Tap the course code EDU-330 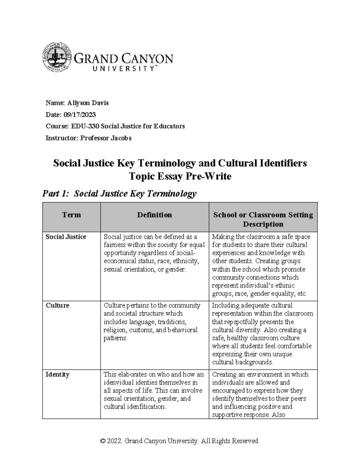coord(85,126)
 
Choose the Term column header coord(71,215)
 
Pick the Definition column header coord(154,215)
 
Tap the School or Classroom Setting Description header coord(263,219)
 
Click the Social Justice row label coord(66,237)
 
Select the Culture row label coord(57,305)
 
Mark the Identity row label coord(57,374)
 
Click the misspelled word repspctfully coord(244,322)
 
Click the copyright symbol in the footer coord(103,441)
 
